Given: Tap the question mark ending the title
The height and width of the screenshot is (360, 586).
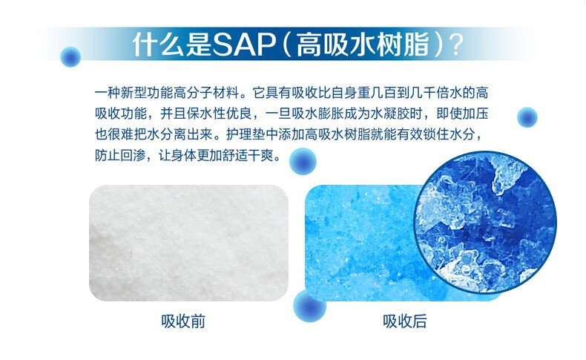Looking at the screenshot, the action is click(x=455, y=45).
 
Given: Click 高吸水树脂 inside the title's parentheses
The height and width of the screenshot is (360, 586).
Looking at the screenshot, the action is click(x=362, y=45).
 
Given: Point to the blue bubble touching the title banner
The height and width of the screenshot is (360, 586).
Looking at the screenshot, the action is click(x=70, y=57).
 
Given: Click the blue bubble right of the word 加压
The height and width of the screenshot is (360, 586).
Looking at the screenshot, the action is click(x=527, y=117).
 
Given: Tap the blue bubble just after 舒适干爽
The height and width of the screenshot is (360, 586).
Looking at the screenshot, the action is click(x=303, y=161).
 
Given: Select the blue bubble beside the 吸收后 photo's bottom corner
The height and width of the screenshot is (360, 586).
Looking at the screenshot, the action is click(x=309, y=306).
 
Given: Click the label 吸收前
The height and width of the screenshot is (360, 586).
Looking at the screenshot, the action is click(x=183, y=321).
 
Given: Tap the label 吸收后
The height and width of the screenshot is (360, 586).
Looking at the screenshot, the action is click(x=405, y=321).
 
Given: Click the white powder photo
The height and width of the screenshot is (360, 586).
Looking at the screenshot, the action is click(x=188, y=243).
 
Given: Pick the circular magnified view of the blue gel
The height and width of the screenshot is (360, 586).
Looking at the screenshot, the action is click(x=485, y=222).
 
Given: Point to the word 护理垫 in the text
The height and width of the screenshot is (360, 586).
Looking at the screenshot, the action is click(x=246, y=134).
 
